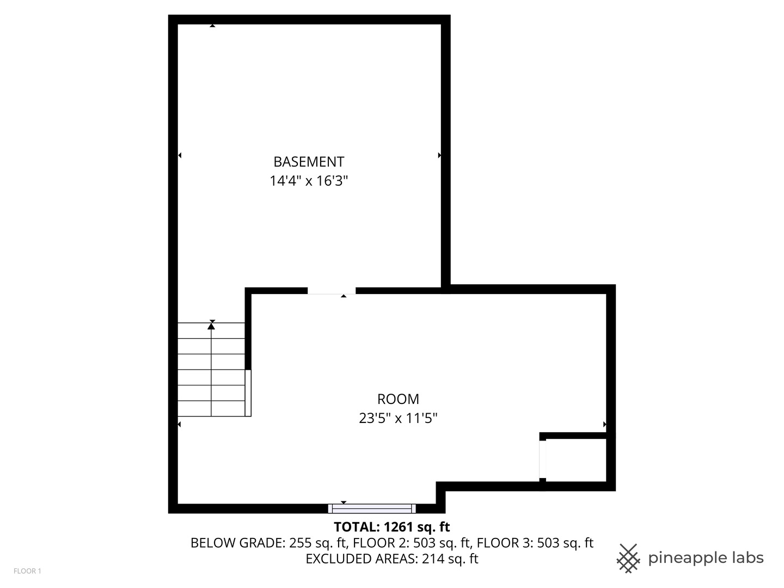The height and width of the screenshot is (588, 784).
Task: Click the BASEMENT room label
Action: click(x=308, y=162)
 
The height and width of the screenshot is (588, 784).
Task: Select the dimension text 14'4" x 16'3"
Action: click(x=308, y=181)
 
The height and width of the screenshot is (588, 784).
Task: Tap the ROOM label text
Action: click(x=398, y=399)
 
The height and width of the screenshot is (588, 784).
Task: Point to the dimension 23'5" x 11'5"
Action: click(x=398, y=418)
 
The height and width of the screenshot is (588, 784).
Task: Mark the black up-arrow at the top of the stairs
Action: click(x=211, y=326)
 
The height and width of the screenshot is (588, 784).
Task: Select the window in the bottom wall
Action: click(x=372, y=509)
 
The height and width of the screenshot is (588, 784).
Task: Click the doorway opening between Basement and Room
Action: click(x=332, y=291)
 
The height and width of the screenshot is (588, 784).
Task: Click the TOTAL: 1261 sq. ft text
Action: click(x=391, y=526)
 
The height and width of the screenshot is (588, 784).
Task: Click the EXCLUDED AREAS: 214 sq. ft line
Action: click(x=391, y=559)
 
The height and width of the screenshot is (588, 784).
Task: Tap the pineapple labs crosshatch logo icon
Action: click(x=628, y=558)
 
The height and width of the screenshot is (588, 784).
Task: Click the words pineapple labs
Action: click(x=706, y=558)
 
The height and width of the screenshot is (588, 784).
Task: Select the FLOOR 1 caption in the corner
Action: click(x=27, y=571)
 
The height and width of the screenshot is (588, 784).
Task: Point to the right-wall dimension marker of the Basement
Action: click(x=439, y=155)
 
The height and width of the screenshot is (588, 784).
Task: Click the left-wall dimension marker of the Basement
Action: click(x=180, y=155)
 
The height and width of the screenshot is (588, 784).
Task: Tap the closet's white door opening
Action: click(x=542, y=459)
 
